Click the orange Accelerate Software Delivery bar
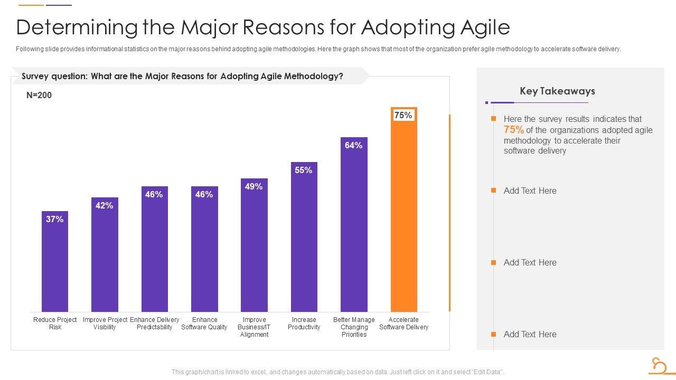(x=403, y=222)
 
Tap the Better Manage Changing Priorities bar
(x=354, y=232)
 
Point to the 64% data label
(x=354, y=146)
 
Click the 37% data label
(x=55, y=220)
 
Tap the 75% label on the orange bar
(x=403, y=116)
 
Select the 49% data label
(x=254, y=187)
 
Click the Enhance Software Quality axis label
(x=204, y=324)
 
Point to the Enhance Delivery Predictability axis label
(x=154, y=324)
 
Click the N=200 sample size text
(x=39, y=96)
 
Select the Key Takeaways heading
(x=557, y=91)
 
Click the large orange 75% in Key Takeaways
(x=514, y=130)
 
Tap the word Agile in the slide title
(x=486, y=27)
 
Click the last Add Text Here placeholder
(x=530, y=334)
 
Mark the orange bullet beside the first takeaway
(x=493, y=119)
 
